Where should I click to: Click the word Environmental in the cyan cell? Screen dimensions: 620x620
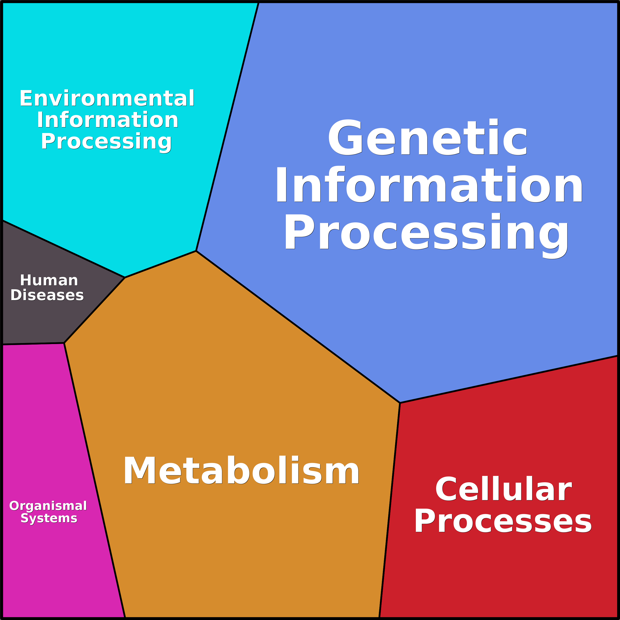107,98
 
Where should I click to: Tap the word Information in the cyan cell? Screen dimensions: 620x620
108,120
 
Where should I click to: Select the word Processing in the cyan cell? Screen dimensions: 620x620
106,141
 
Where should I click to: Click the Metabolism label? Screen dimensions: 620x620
241,470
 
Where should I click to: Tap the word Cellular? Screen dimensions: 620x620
503,489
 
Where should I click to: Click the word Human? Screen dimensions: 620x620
49,280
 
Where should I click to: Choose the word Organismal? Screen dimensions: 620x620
48,506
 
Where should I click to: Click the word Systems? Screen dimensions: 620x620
49,518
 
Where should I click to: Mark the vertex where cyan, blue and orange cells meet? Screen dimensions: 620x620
196,251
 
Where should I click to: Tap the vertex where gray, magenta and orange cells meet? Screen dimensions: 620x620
64,343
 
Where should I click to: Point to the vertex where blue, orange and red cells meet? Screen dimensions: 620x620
400,403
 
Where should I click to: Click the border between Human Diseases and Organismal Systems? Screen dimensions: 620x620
32,344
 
